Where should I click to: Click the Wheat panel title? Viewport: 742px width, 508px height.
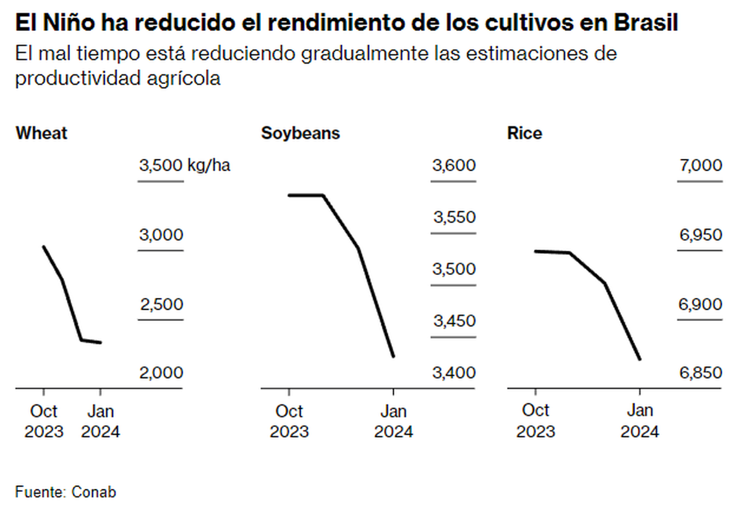[x=41, y=133]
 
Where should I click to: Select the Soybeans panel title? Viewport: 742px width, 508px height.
[x=301, y=133]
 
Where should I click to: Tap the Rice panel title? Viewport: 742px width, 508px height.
[x=524, y=133]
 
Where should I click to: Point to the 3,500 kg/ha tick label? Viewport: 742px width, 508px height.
[x=184, y=166]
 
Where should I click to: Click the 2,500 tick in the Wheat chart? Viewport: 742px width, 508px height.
[x=161, y=305]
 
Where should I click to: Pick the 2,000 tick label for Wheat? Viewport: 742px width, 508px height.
[x=161, y=373]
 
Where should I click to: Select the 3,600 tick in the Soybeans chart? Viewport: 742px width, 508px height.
[x=454, y=166]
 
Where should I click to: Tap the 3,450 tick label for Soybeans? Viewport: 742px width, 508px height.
[x=454, y=321]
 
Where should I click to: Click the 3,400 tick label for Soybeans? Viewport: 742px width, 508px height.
[x=454, y=373]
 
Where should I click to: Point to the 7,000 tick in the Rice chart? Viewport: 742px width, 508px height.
[x=700, y=166]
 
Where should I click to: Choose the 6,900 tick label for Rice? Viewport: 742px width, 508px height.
[x=700, y=305]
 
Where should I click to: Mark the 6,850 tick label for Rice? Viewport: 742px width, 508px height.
[x=700, y=373]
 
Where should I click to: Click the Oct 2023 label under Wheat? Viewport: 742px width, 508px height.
[x=44, y=421]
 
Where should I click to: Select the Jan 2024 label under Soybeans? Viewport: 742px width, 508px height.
[x=393, y=421]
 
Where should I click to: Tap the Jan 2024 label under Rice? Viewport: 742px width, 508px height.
[x=639, y=421]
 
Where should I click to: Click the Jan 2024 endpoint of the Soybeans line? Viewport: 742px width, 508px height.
[x=393, y=357]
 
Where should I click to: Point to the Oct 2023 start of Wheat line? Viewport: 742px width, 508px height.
[x=43, y=247]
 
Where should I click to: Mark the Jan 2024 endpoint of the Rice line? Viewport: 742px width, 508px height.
[x=639, y=359]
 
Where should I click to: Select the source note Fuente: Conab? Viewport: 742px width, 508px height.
[x=66, y=493]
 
